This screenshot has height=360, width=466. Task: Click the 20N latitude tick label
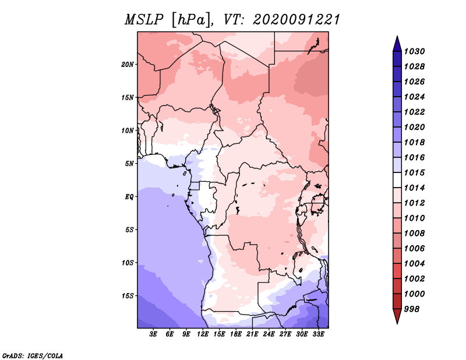(128, 64)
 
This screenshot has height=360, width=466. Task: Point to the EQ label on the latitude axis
(129, 196)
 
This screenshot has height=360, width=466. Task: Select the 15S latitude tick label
(128, 295)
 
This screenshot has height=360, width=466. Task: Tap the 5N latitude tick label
(129, 163)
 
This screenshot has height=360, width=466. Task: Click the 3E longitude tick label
(154, 334)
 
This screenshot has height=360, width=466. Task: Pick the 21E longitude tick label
(252, 334)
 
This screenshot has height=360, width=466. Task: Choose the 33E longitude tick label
(318, 334)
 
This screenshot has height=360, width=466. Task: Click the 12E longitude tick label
(203, 334)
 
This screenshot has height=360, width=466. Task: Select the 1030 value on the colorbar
(416, 51)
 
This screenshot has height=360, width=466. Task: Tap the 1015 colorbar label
(416, 173)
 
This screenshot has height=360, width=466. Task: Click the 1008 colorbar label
(416, 234)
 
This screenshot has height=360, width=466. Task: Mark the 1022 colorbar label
(416, 112)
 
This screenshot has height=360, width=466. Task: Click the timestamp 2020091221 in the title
(296, 20)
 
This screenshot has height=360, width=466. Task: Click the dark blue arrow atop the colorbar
(397, 43)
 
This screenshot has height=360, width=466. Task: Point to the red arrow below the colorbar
(397, 316)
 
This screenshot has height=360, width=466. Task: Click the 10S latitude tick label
(128, 263)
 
